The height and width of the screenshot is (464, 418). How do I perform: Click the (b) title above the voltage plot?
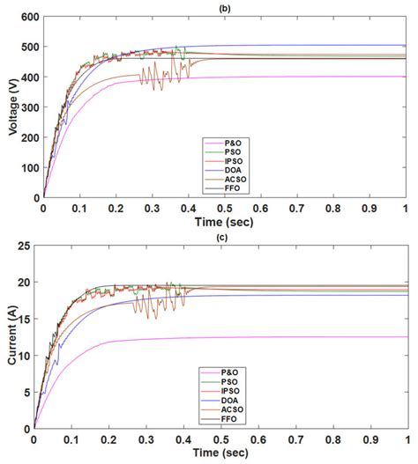point(224,7)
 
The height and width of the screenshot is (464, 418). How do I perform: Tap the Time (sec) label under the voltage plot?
point(224,224)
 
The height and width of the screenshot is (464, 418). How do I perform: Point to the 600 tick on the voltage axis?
point(27,17)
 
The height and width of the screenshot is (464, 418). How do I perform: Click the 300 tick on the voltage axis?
point(27,107)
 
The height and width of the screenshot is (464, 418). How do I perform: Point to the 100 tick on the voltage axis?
point(27,167)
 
